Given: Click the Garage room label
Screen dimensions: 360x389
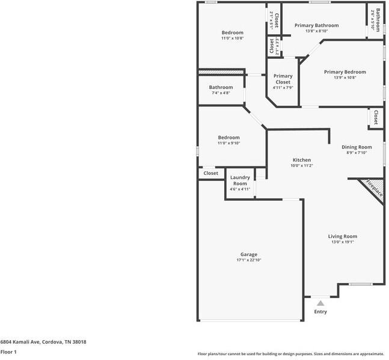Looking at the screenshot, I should pos(249,254).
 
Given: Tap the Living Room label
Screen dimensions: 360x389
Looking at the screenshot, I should pos(342,236).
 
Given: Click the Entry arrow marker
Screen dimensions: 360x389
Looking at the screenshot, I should pos(320,304).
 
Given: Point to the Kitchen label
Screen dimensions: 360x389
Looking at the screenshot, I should pos(302,160).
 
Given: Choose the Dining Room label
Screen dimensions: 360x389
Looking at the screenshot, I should pos(357,147).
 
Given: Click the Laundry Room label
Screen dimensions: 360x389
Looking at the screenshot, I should pos(240,180).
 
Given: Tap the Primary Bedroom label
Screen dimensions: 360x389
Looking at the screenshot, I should pos(345,72).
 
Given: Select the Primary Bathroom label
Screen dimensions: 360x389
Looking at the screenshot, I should pos(316,25).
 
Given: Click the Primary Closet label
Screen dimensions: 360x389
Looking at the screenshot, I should pos(283,79).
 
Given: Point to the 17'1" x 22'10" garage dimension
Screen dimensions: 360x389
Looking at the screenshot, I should pos(249,260).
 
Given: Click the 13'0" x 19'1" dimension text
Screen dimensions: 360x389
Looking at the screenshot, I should pos(342,242).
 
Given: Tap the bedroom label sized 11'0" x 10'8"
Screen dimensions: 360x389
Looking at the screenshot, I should pos(232,32).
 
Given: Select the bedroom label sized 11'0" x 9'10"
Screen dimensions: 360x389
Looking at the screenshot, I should pos(228,138).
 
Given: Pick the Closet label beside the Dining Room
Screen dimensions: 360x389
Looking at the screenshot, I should pos(375,117).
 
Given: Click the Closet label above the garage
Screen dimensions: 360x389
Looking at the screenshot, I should pos(210,173).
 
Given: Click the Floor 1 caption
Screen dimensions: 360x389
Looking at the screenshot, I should pos(8,352).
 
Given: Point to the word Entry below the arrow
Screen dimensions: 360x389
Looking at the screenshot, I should pos(320,312).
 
